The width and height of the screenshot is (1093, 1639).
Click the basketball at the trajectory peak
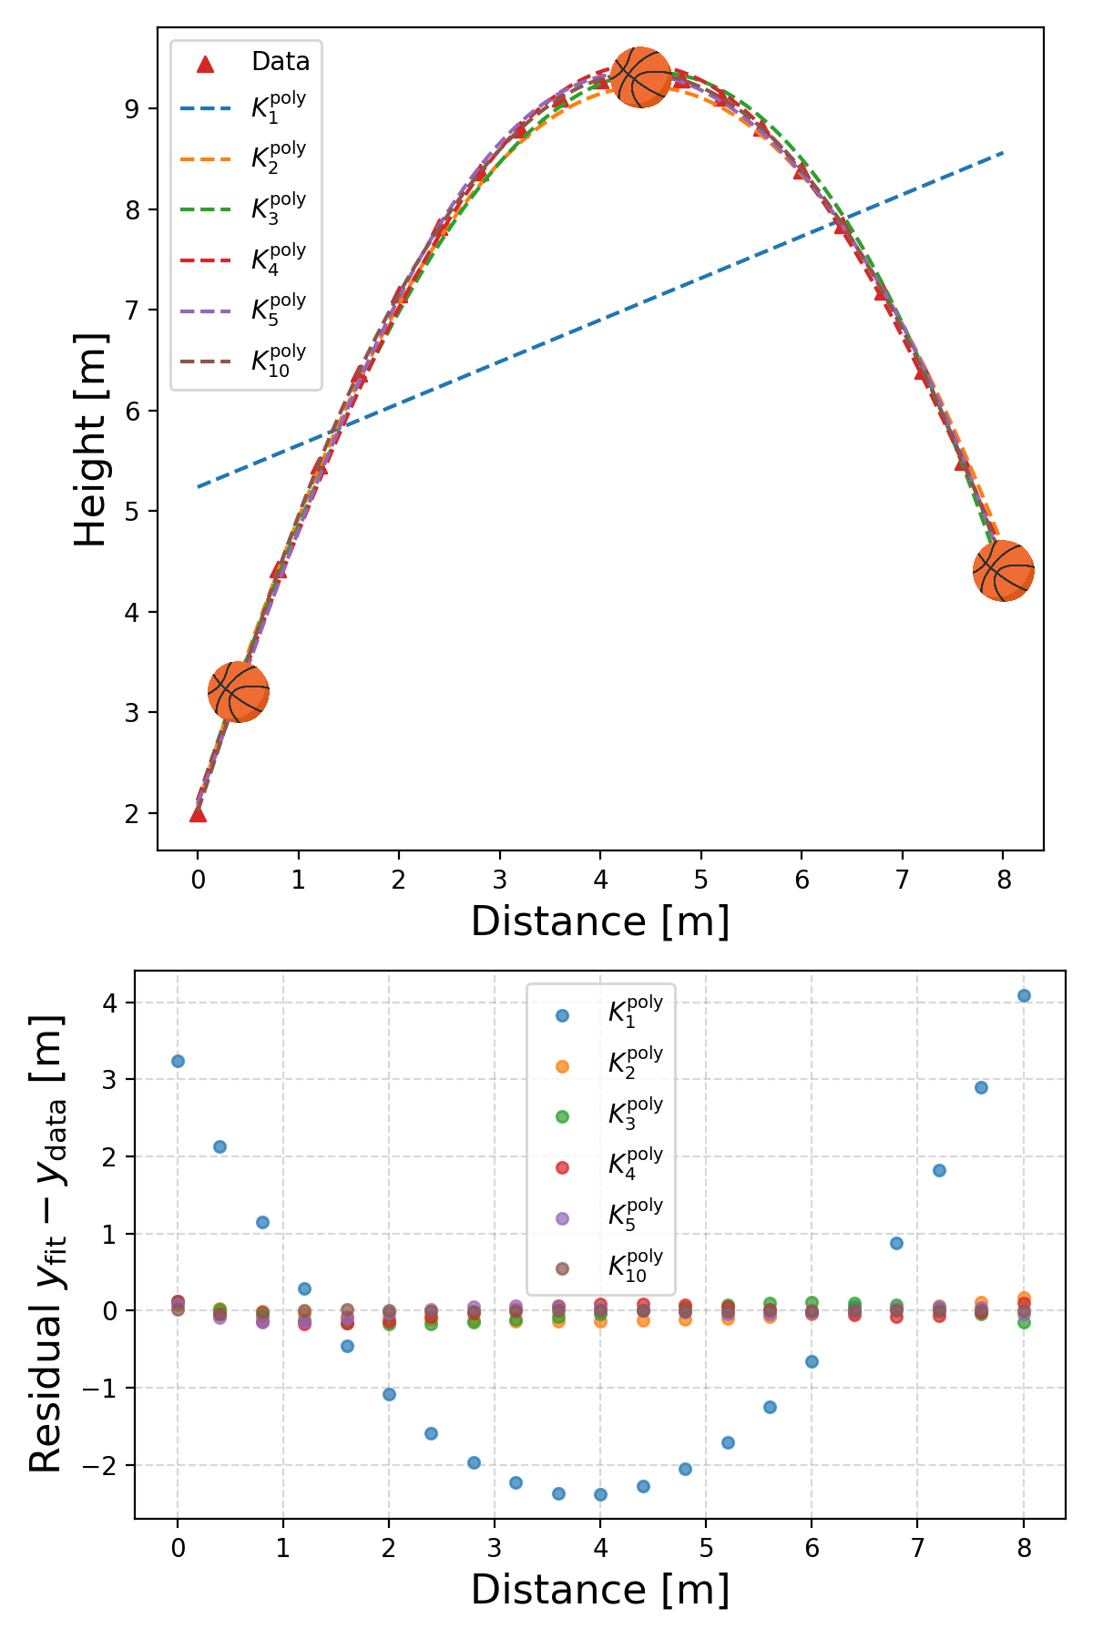pyautogui.click(x=641, y=77)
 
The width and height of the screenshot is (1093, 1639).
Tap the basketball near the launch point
pyautogui.click(x=239, y=692)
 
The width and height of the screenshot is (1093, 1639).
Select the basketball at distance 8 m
pyautogui.click(x=1003, y=571)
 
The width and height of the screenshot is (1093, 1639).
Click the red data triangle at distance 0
pyautogui.click(x=198, y=813)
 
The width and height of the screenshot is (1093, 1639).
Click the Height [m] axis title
pyautogui.click(x=91, y=440)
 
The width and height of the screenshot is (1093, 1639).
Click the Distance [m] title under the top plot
pyautogui.click(x=600, y=921)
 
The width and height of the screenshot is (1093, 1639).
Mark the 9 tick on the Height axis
pyautogui.click(x=131, y=109)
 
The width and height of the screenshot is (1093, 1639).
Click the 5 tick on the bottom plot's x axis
pyautogui.click(x=706, y=1548)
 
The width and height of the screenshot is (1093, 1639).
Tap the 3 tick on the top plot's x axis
pyautogui.click(x=499, y=880)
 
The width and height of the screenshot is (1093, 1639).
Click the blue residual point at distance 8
pyautogui.click(x=1024, y=995)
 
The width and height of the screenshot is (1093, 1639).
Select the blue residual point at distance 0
pyautogui.click(x=178, y=1061)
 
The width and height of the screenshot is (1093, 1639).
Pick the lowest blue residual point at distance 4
pyautogui.click(x=600, y=1494)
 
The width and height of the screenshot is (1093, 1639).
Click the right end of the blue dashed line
pyautogui.click(x=1002, y=153)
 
